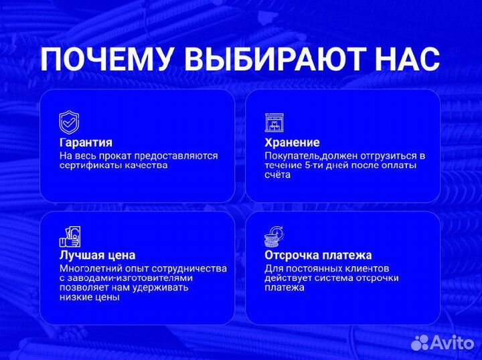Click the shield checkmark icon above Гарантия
pyautogui.click(x=70, y=122)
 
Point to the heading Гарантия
pyautogui.click(x=86, y=143)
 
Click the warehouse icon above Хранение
pyautogui.click(x=274, y=122)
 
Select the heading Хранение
pyautogui.click(x=292, y=143)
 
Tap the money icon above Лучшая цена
pyautogui.click(x=70, y=236)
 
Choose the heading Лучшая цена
pyautogui.click(x=97, y=255)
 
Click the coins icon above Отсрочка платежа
pyautogui.click(x=274, y=236)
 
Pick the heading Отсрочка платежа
pyautogui.click(x=318, y=255)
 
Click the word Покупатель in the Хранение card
pyautogui.click(x=291, y=155)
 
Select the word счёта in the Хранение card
pyautogui.click(x=277, y=175)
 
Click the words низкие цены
pyautogui.click(x=89, y=297)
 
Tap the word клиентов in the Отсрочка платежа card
pyautogui.click(x=366, y=268)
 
